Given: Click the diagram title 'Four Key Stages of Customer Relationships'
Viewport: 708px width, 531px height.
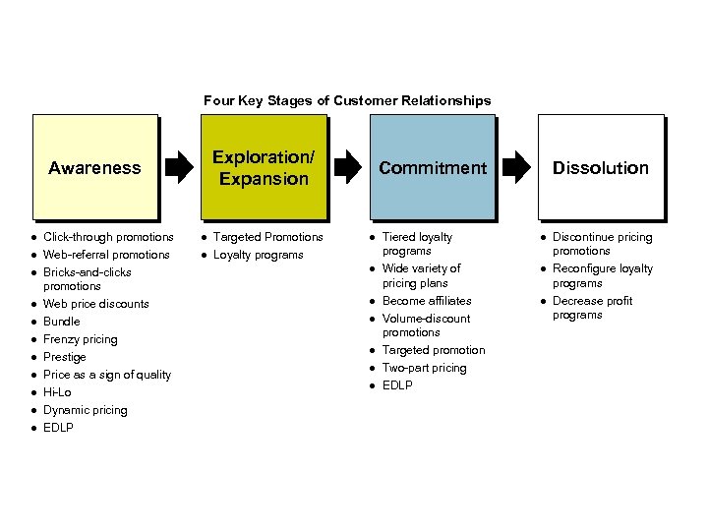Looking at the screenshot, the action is coord(347,100).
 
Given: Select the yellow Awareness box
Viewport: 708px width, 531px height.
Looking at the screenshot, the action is coord(95,167).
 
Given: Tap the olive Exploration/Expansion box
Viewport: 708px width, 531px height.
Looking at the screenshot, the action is coord(265,167).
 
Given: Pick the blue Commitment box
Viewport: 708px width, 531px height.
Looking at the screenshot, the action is coord(433,167).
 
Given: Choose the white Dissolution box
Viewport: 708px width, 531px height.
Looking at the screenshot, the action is coord(601,167).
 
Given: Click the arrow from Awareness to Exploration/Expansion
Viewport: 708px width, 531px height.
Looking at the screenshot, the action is coord(179,167).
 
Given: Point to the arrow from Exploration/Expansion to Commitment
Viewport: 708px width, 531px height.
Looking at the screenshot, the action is coord(348,167).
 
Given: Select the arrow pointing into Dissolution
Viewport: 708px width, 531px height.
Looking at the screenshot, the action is coord(516,167).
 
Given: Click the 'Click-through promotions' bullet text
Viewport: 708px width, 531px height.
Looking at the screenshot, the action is coord(108,237).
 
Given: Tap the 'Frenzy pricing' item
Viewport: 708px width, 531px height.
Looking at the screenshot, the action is coord(81,339).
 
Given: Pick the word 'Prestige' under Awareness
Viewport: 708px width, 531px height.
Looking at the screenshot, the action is coord(65,357).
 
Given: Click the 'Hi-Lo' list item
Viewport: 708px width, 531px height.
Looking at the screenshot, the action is coord(57,392).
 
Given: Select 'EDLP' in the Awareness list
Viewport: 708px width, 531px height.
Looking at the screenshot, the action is coord(58,428).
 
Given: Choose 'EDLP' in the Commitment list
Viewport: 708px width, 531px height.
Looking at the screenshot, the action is coord(397,385).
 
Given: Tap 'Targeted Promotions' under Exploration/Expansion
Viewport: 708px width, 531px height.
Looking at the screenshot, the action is coord(268,237).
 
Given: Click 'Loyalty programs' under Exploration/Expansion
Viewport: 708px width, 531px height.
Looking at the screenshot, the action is coord(259,255).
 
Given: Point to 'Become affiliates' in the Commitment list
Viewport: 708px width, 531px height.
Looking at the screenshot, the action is coord(427,301).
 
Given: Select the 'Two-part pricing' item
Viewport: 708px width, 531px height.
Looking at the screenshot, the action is coord(425,368).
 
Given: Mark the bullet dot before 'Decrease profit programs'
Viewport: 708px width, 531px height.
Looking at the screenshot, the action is coord(543,302).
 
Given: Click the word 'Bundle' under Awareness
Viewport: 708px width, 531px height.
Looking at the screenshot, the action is coord(61,322).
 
